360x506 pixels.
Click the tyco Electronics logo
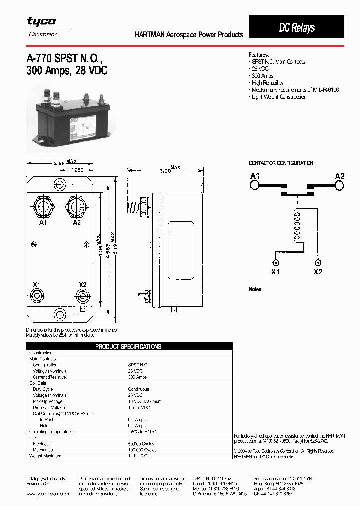point(41,26)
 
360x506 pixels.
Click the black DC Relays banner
point(296,27)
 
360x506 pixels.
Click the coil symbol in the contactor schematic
point(298,228)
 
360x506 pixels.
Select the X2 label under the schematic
point(318,272)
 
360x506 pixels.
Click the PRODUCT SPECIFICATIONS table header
point(128,346)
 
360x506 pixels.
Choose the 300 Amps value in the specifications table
point(137,377)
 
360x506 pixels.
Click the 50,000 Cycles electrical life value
point(141,444)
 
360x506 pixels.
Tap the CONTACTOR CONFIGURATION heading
point(281,163)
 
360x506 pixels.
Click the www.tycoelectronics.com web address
point(49,493)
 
